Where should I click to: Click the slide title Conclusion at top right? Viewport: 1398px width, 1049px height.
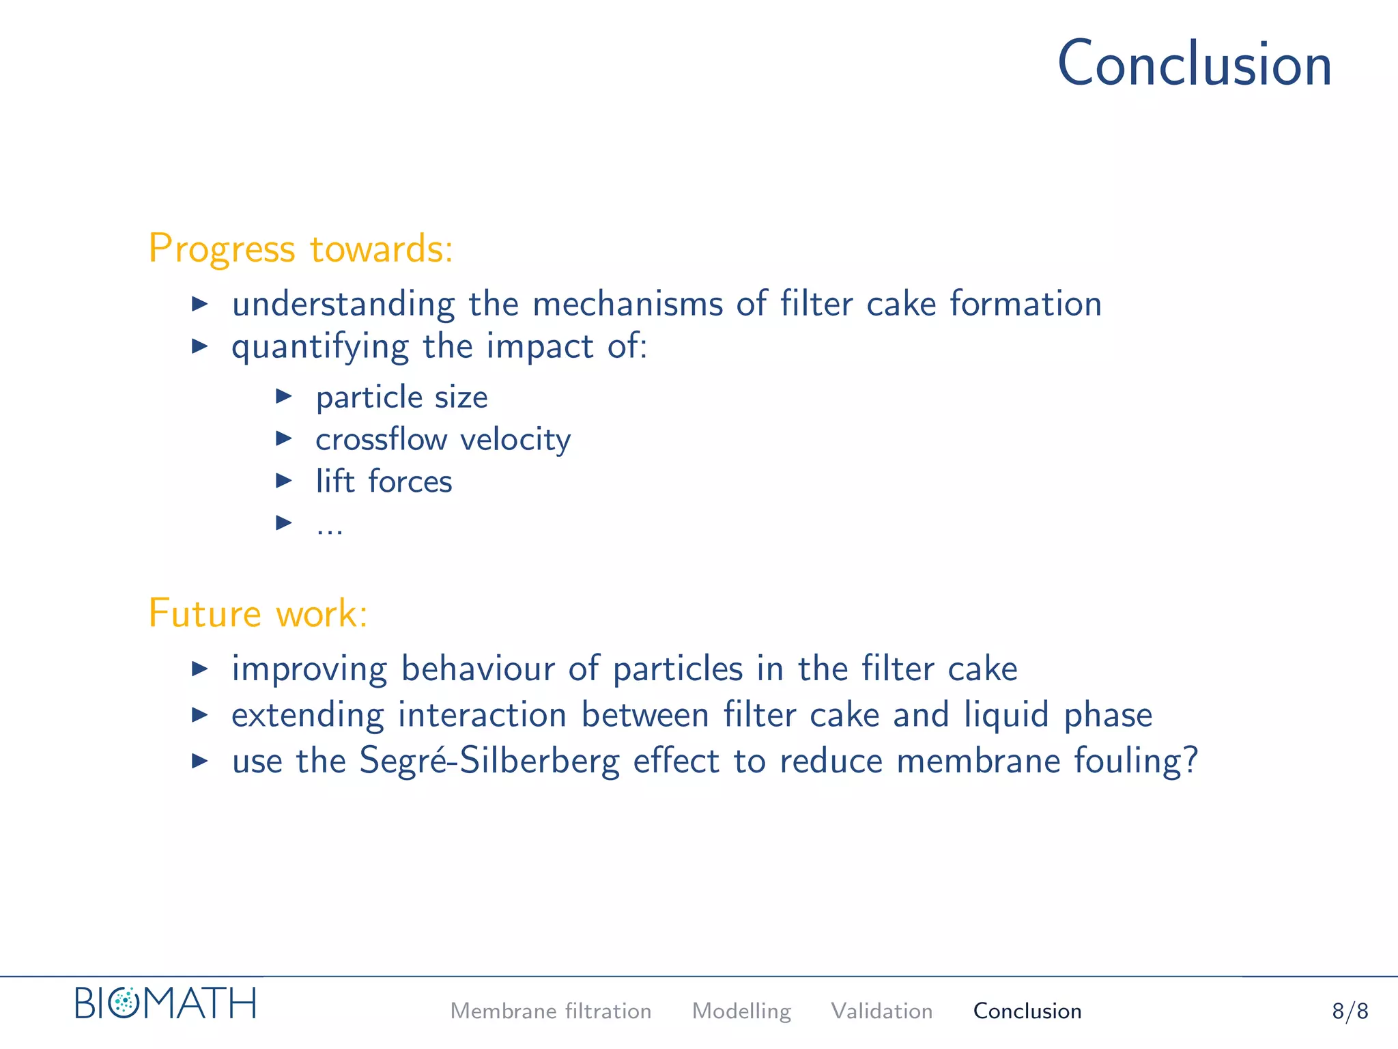[x=1195, y=64]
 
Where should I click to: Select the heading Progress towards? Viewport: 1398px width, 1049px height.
[x=300, y=249]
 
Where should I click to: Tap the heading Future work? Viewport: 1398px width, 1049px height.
[x=258, y=613]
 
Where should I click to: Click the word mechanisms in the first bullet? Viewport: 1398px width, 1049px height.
[x=627, y=304]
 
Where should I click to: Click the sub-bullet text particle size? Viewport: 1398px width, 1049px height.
[x=401, y=397]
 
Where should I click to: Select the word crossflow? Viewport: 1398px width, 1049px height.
[x=381, y=439]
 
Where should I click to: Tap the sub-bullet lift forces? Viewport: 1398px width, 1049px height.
[x=384, y=481]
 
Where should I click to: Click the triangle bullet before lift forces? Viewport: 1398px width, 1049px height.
[x=284, y=481]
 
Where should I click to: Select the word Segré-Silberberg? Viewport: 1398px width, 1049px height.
[x=489, y=761]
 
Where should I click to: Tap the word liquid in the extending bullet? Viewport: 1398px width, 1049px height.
[x=1005, y=715]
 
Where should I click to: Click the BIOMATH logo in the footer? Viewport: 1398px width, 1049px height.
[x=165, y=1003]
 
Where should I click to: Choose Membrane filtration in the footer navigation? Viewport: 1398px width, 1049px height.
[x=550, y=1011]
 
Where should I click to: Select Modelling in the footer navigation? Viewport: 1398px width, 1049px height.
[x=741, y=1011]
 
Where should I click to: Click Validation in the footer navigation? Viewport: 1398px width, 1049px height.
[x=881, y=1011]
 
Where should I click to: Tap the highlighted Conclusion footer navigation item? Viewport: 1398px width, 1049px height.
[x=1027, y=1011]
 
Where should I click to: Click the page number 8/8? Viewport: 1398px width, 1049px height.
[x=1350, y=1011]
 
